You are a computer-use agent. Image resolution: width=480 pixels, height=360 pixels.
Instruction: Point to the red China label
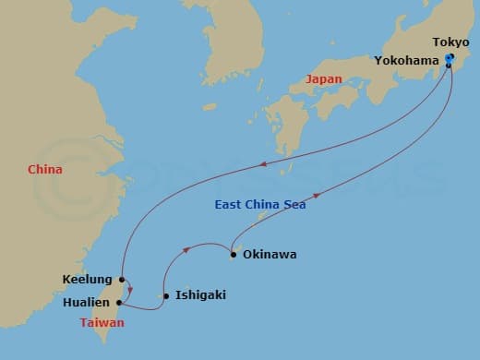[x=45, y=170]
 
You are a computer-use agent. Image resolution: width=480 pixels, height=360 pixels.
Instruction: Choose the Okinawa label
[x=270, y=254]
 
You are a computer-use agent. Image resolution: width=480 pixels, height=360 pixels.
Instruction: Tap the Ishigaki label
[x=200, y=295]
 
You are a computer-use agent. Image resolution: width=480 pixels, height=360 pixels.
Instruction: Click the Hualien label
[x=87, y=302]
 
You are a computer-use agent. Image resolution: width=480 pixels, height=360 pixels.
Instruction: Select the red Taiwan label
[x=102, y=323]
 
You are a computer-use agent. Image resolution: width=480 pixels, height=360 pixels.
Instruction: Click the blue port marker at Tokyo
[x=450, y=59]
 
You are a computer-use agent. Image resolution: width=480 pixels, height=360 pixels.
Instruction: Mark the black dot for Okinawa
[x=234, y=254]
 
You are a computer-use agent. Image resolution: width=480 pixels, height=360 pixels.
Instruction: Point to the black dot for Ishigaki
[x=166, y=296]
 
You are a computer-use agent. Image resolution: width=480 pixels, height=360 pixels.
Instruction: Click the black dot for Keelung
[x=122, y=279]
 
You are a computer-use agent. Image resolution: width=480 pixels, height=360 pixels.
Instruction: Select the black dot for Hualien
[x=119, y=302]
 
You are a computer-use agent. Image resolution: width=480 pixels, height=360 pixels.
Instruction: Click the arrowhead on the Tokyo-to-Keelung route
[x=264, y=164]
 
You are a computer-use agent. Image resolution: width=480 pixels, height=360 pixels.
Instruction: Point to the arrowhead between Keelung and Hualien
[x=130, y=290]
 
